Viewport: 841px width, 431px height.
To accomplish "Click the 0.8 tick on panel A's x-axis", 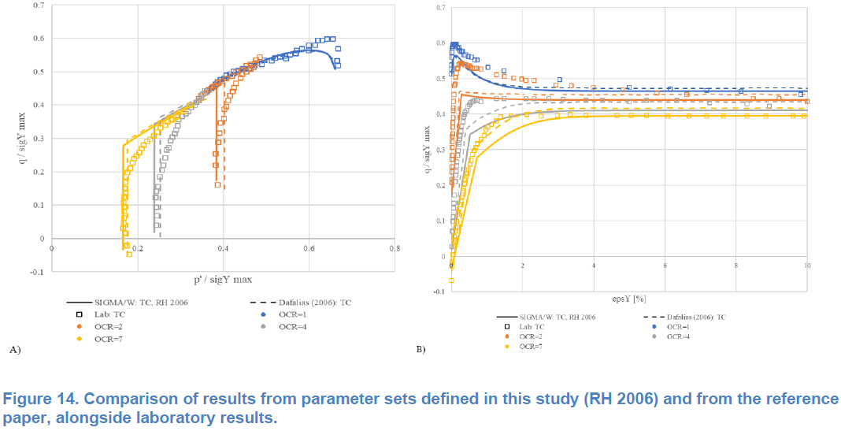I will click(x=395, y=249).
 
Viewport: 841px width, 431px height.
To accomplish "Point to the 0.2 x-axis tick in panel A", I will click(x=138, y=249).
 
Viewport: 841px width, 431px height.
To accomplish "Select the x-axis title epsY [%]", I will click(x=628, y=299).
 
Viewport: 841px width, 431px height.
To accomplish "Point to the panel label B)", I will click(x=421, y=348).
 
